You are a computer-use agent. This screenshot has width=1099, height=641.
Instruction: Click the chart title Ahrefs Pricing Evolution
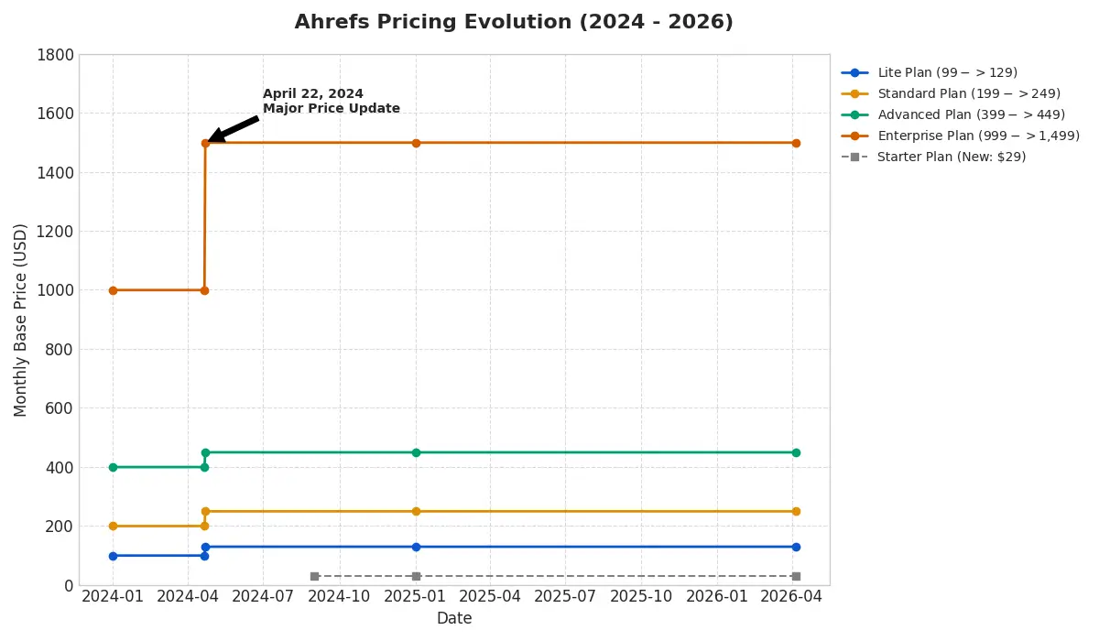pyautogui.click(x=513, y=23)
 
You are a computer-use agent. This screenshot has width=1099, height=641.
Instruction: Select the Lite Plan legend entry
pyautogui.click(x=946, y=73)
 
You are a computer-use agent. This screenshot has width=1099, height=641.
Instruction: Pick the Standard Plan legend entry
pyautogui.click(x=968, y=94)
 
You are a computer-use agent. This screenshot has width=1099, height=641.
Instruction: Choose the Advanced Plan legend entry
pyautogui.click(x=970, y=115)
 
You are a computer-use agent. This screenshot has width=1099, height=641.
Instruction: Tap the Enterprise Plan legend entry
pyautogui.click(x=977, y=136)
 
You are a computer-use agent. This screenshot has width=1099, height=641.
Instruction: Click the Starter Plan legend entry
pyautogui.click(x=951, y=158)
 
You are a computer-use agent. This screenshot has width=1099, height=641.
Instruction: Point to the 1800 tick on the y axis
pyautogui.click(x=55, y=55)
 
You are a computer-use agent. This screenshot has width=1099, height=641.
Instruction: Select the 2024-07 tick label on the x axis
pyautogui.click(x=263, y=596)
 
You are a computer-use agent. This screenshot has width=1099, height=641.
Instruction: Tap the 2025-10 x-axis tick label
pyautogui.click(x=641, y=596)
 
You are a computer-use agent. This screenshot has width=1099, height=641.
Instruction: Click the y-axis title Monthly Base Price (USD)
pyautogui.click(x=21, y=320)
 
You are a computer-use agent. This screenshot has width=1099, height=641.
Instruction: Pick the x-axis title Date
pyautogui.click(x=454, y=619)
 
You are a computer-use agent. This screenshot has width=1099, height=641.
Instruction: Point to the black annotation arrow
pyautogui.click(x=234, y=129)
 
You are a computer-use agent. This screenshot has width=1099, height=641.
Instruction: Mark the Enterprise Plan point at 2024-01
pyautogui.click(x=113, y=290)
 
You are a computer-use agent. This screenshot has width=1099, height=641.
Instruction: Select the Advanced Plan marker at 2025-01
pyautogui.click(x=416, y=452)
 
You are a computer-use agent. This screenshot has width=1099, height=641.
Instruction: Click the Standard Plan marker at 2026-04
pyautogui.click(x=796, y=511)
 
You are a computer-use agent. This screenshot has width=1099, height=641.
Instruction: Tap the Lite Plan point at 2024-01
pyautogui.click(x=113, y=556)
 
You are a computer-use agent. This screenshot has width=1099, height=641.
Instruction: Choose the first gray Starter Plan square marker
pyautogui.click(x=314, y=576)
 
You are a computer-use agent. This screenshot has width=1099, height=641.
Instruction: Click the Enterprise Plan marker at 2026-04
pyautogui.click(x=796, y=143)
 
